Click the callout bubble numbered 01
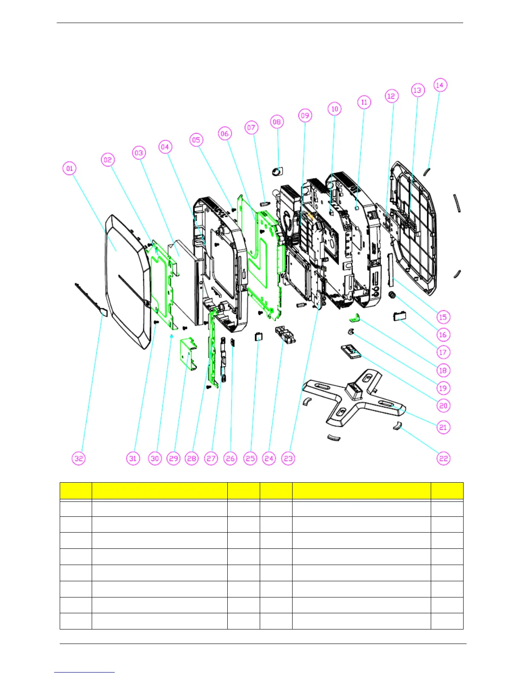click(70, 169)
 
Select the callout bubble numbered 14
click(440, 85)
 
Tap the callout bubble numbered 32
click(78, 458)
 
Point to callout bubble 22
click(444, 458)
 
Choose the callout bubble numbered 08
click(277, 122)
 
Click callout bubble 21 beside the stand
click(443, 427)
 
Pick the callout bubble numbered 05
click(196, 140)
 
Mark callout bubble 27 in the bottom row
click(211, 458)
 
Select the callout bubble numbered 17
click(443, 352)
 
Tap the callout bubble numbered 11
click(364, 102)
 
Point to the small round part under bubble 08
click(277, 172)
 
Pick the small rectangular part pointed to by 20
click(351, 351)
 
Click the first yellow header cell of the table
click(76, 491)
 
